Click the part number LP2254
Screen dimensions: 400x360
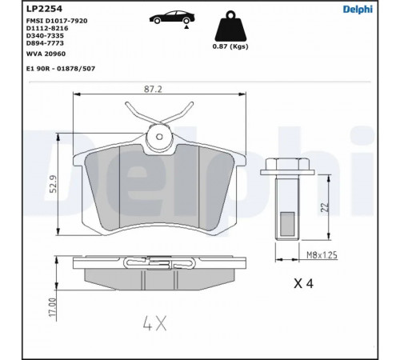coord(44,9)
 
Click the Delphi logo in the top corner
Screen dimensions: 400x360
coord(358,10)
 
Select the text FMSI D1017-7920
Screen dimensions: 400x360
coord(57,21)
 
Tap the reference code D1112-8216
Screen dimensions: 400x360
coord(47,28)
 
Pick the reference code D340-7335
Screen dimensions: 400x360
coord(45,36)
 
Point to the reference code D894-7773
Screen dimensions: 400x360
coord(45,43)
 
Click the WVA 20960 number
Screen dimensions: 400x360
coord(46,54)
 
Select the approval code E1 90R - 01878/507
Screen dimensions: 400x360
coord(61,69)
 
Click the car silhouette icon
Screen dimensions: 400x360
coord(172,18)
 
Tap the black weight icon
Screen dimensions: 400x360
coord(230,26)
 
